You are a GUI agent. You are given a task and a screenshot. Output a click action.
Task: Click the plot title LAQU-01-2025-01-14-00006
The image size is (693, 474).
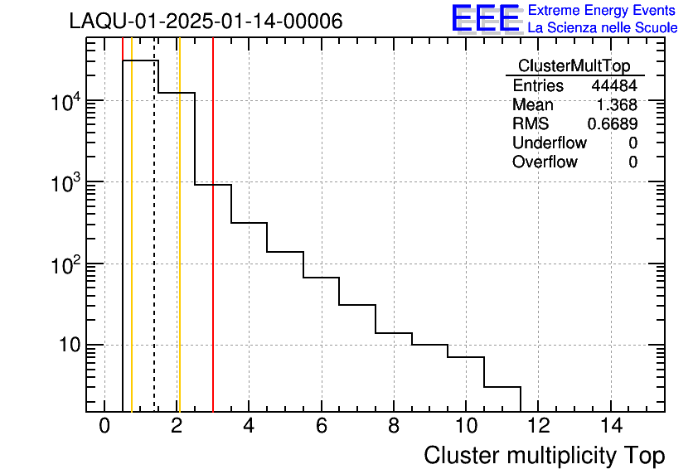point(206,22)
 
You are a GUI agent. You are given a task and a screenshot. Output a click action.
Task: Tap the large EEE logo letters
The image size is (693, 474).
point(486,19)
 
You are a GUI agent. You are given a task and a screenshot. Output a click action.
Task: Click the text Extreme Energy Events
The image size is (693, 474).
point(603,11)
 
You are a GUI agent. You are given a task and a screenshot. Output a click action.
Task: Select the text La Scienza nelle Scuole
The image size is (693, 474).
point(603,28)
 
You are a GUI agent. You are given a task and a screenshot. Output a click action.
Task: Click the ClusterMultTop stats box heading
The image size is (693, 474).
point(574,66)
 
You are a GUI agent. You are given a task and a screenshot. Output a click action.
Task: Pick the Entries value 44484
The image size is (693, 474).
point(614,86)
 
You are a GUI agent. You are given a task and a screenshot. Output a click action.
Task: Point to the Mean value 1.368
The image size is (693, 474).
point(617,105)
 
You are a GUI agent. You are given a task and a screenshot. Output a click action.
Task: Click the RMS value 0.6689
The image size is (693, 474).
point(613,124)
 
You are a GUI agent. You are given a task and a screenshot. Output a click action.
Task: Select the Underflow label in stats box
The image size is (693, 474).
point(550,143)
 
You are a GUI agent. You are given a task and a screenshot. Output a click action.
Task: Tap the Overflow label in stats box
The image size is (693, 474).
point(545,162)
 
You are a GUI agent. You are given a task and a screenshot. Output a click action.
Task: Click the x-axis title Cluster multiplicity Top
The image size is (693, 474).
point(545,455)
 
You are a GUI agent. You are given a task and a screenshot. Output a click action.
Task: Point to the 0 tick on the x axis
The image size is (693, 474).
point(104,426)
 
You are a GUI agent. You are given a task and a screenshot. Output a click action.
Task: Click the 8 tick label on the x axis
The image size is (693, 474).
point(394,426)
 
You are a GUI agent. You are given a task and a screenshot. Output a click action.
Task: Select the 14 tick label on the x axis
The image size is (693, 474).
point(610,426)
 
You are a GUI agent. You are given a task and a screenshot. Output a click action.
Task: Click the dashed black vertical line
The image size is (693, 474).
point(154,249)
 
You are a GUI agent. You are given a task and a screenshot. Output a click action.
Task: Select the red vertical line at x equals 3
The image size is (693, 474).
point(213,249)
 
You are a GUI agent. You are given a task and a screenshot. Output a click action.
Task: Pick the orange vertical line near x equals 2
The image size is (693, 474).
point(179,249)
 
